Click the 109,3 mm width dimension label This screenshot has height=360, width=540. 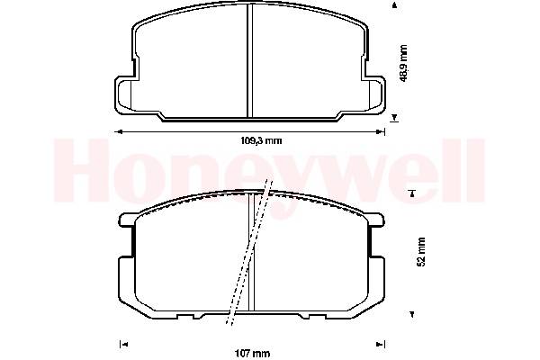[x=261, y=140]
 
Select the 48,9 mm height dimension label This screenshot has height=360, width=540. [x=403, y=63]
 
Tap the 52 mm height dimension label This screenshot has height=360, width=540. [x=421, y=251]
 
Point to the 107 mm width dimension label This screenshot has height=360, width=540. [x=252, y=354]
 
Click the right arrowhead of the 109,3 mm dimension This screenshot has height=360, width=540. [x=381, y=131]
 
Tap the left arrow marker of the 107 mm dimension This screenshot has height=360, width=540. [x=123, y=344]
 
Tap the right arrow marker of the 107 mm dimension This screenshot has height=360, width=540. [x=381, y=344]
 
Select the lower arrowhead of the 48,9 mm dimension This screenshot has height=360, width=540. [x=395, y=118]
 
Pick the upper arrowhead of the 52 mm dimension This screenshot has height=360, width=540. [x=412, y=193]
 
